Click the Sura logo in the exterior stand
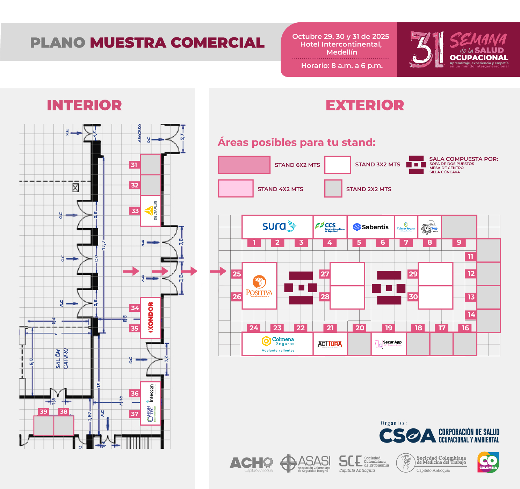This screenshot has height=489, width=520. (279, 226)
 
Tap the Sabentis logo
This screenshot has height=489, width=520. (371, 227)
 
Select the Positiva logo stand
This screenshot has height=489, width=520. (259, 286)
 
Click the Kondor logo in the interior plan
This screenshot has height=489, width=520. (151, 317)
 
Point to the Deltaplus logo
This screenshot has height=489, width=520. (151, 211)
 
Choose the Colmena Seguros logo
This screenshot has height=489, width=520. (278, 344)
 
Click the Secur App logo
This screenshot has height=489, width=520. (389, 344)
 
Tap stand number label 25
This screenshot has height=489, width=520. (237, 274)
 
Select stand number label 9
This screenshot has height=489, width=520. (459, 243)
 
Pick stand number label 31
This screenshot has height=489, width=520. (134, 165)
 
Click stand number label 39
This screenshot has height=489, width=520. (44, 412)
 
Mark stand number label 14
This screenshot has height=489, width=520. (471, 315)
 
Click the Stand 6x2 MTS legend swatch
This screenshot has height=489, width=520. (244, 165)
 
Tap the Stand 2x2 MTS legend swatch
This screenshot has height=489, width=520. (333, 189)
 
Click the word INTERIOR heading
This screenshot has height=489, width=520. (85, 105)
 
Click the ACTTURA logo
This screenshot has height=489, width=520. (330, 344)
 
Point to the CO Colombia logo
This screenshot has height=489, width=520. (488, 462)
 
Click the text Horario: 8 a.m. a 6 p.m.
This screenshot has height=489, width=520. (342, 66)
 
